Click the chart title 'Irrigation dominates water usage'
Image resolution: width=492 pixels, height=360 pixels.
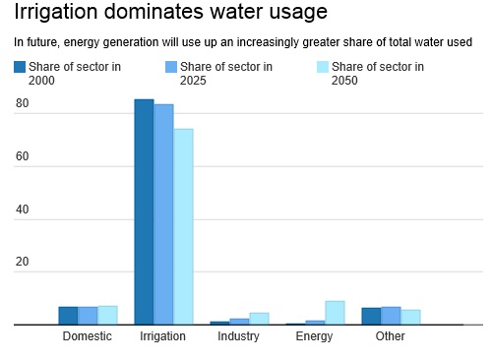pyautogui.click(x=170, y=14)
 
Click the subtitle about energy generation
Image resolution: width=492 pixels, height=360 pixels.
pyautogui.click(x=243, y=42)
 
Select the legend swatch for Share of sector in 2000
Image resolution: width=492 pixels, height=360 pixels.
pyautogui.click(x=20, y=68)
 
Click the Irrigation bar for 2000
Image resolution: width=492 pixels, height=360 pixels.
pyautogui.click(x=145, y=211)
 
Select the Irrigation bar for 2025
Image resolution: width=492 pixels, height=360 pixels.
pyautogui.click(x=163, y=214)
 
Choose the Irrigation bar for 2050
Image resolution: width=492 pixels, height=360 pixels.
pyautogui.click(x=183, y=226)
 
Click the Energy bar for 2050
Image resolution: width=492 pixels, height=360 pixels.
pyautogui.click(x=335, y=313)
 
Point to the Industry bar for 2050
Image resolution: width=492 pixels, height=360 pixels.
pyautogui.click(x=259, y=319)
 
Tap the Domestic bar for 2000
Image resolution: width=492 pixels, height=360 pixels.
pyautogui.click(x=68, y=316)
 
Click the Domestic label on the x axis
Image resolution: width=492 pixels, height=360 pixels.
pyautogui.click(x=88, y=336)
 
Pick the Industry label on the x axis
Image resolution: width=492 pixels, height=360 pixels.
pyautogui.click(x=239, y=336)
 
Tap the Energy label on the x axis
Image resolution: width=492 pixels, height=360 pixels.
pyautogui.click(x=315, y=336)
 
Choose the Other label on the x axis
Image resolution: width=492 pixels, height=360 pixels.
pyautogui.click(x=391, y=336)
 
